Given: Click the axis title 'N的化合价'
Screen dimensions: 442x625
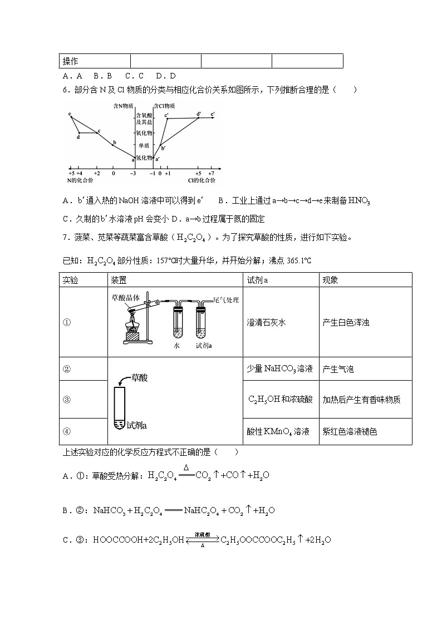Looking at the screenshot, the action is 80,180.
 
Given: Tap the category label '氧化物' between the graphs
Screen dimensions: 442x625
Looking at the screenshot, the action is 144,133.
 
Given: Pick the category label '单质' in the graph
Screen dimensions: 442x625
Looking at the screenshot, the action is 144,145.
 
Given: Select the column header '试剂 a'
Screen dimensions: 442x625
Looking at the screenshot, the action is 258,280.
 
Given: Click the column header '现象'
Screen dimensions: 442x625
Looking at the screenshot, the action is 330,280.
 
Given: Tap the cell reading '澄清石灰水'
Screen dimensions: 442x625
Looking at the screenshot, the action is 266,322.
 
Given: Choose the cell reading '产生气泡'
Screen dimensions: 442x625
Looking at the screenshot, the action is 338,369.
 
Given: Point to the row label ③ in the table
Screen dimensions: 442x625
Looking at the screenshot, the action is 66,400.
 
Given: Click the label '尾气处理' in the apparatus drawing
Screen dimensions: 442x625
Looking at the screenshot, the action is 226,300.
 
